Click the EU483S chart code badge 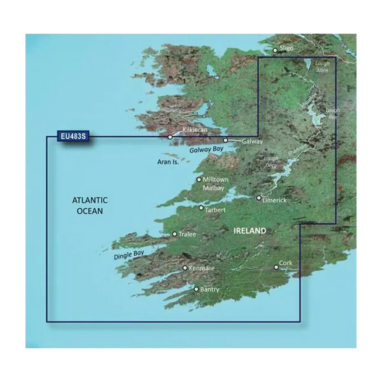coord(70,134)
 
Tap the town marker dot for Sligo coord(274,50)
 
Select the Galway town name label coord(253,142)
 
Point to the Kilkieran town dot coord(170,136)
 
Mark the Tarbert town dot coord(201,208)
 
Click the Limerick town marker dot coord(259,198)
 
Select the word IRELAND coord(250,231)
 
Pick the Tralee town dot coord(175,234)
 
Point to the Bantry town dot coord(196,289)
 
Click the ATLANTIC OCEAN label coord(90,206)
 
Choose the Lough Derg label coord(271,161)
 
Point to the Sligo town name coord(287,48)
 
